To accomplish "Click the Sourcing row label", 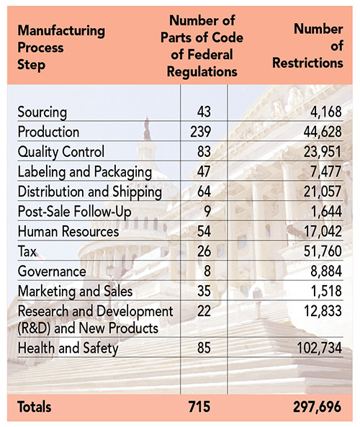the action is coord(42,112).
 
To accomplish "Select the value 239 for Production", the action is coord(200,132).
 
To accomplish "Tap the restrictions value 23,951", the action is coord(323,152).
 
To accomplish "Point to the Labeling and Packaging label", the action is coord(85,172).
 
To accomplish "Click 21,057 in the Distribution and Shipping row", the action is coord(323,192).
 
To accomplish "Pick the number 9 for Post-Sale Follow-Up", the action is coord(207,211).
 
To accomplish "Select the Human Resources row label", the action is coord(68,231).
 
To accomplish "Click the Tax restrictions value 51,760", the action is coord(323,251).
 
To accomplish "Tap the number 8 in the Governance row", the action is coord(207,271).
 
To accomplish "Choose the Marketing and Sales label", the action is coord(75,291).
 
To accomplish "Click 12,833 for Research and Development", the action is coord(323,311).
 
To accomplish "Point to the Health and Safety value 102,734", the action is coord(319,348).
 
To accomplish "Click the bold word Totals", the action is coord(35,407).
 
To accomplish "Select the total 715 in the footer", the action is coord(199,407).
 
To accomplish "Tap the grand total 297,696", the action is coord(317,407).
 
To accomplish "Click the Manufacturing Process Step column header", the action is coord(61,48).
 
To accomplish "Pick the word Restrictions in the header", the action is coord(307,63).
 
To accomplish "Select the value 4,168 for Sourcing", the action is coord(326,112).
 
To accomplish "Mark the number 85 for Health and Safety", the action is coord(204,348).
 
